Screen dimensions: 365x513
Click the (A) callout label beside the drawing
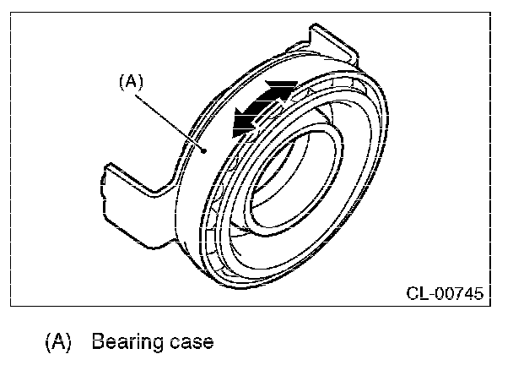click(132, 82)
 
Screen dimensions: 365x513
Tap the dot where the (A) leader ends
click(206, 150)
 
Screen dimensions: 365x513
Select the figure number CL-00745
click(445, 294)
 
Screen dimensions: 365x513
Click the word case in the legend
click(187, 343)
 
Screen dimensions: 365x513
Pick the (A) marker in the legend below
click(58, 343)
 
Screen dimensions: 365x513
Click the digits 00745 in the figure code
click(456, 294)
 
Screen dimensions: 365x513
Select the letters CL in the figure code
click(416, 294)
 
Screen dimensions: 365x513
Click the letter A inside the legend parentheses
click(58, 343)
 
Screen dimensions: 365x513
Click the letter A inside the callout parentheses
click(132, 82)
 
